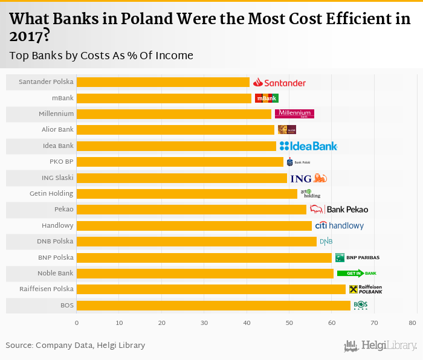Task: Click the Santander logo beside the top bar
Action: (x=279, y=82)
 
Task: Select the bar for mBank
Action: (x=164, y=98)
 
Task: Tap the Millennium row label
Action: (x=56, y=114)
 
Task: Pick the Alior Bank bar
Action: (x=175, y=130)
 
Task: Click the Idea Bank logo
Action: (x=308, y=146)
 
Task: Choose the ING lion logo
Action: (x=309, y=178)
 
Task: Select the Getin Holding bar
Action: (x=187, y=194)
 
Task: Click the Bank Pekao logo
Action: (x=339, y=210)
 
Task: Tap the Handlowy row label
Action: (x=57, y=225)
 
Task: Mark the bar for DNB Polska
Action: (x=196, y=242)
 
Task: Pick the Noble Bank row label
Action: (x=56, y=273)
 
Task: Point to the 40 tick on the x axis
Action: (x=247, y=323)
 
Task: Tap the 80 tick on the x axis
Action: (x=412, y=323)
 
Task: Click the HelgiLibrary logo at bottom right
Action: (x=381, y=346)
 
